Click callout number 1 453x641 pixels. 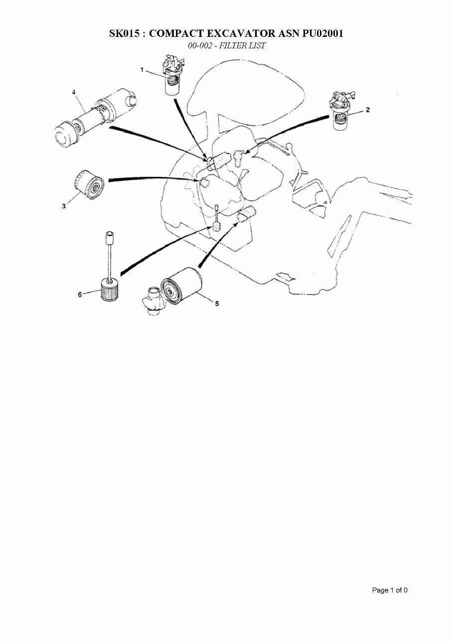(x=142, y=70)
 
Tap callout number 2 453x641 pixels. (x=368, y=110)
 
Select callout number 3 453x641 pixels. (x=63, y=206)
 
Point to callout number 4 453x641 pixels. (x=74, y=92)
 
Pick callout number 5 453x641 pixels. (x=217, y=304)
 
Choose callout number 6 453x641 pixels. (x=80, y=294)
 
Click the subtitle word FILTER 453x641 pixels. (x=232, y=45)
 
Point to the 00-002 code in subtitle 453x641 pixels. (x=200, y=45)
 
